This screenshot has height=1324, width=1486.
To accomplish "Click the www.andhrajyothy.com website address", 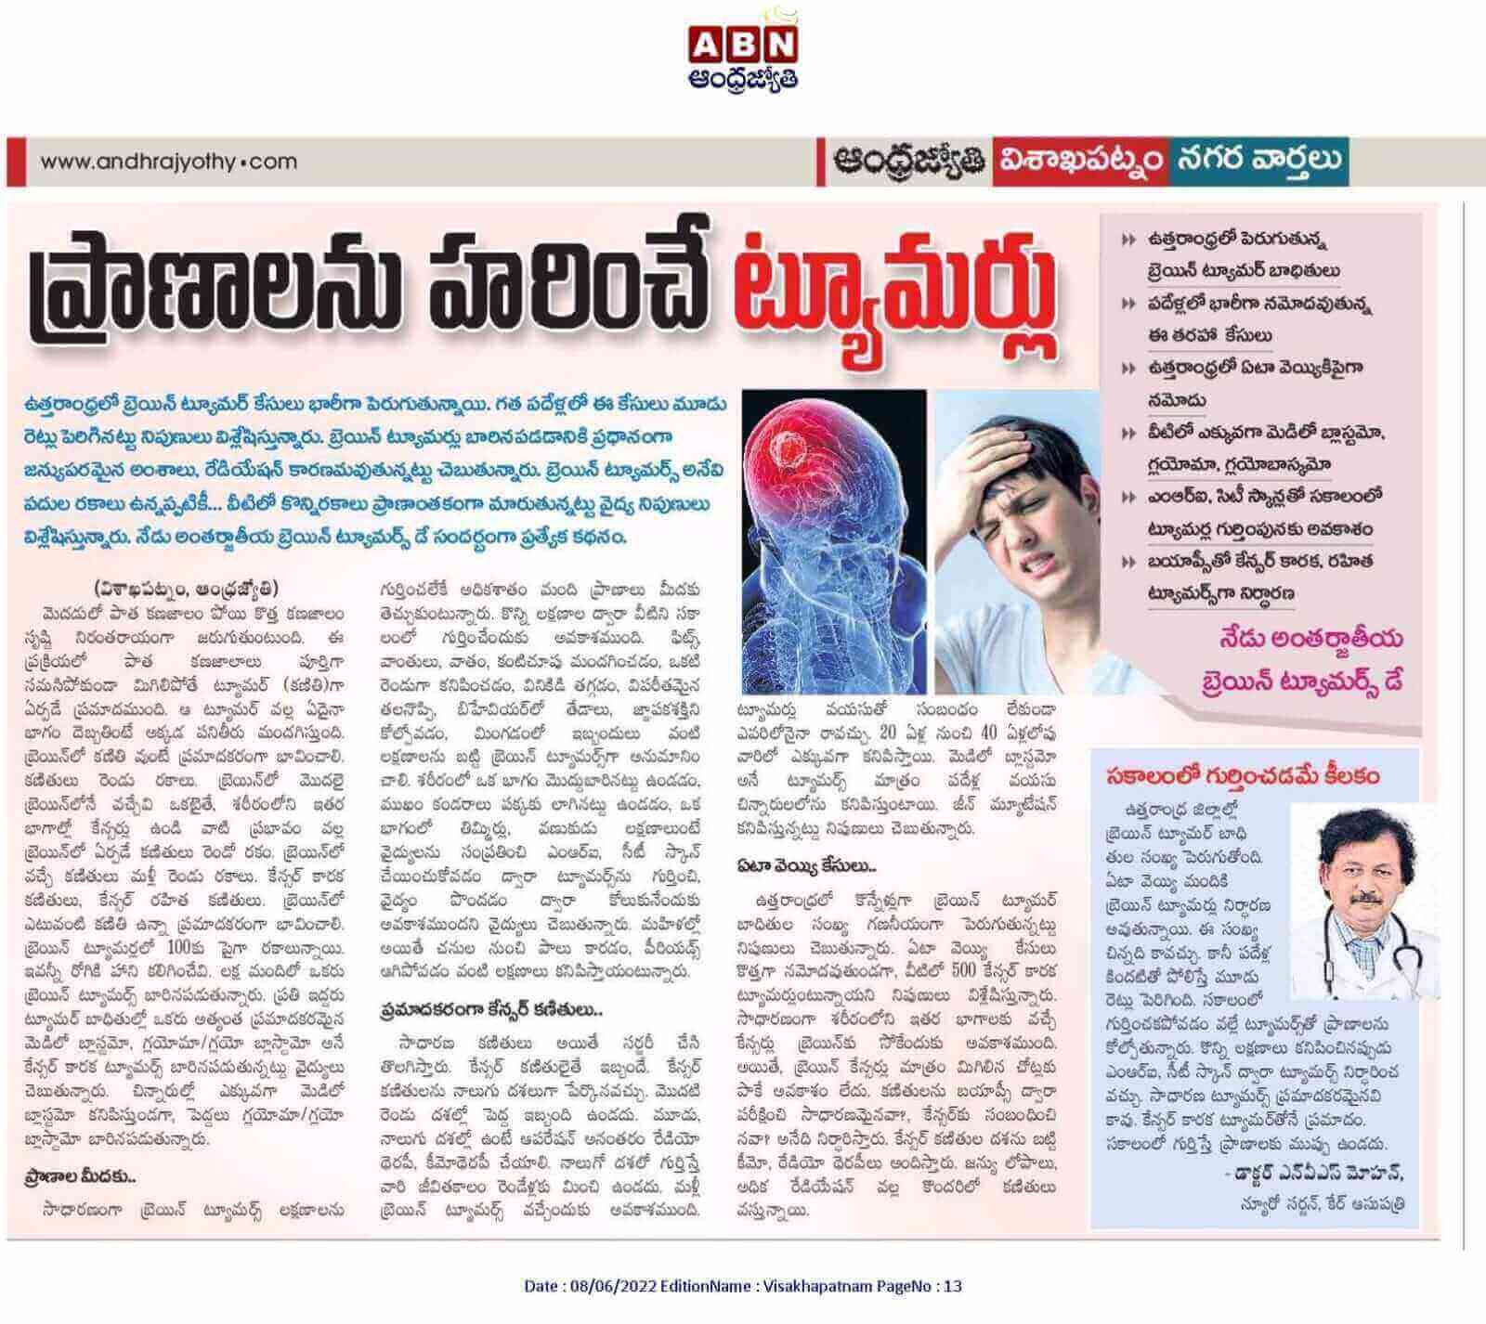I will (x=168, y=162).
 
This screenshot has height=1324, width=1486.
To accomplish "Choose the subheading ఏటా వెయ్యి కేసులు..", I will (x=809, y=866).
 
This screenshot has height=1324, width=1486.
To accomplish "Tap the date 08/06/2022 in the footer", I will (x=611, y=1286).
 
